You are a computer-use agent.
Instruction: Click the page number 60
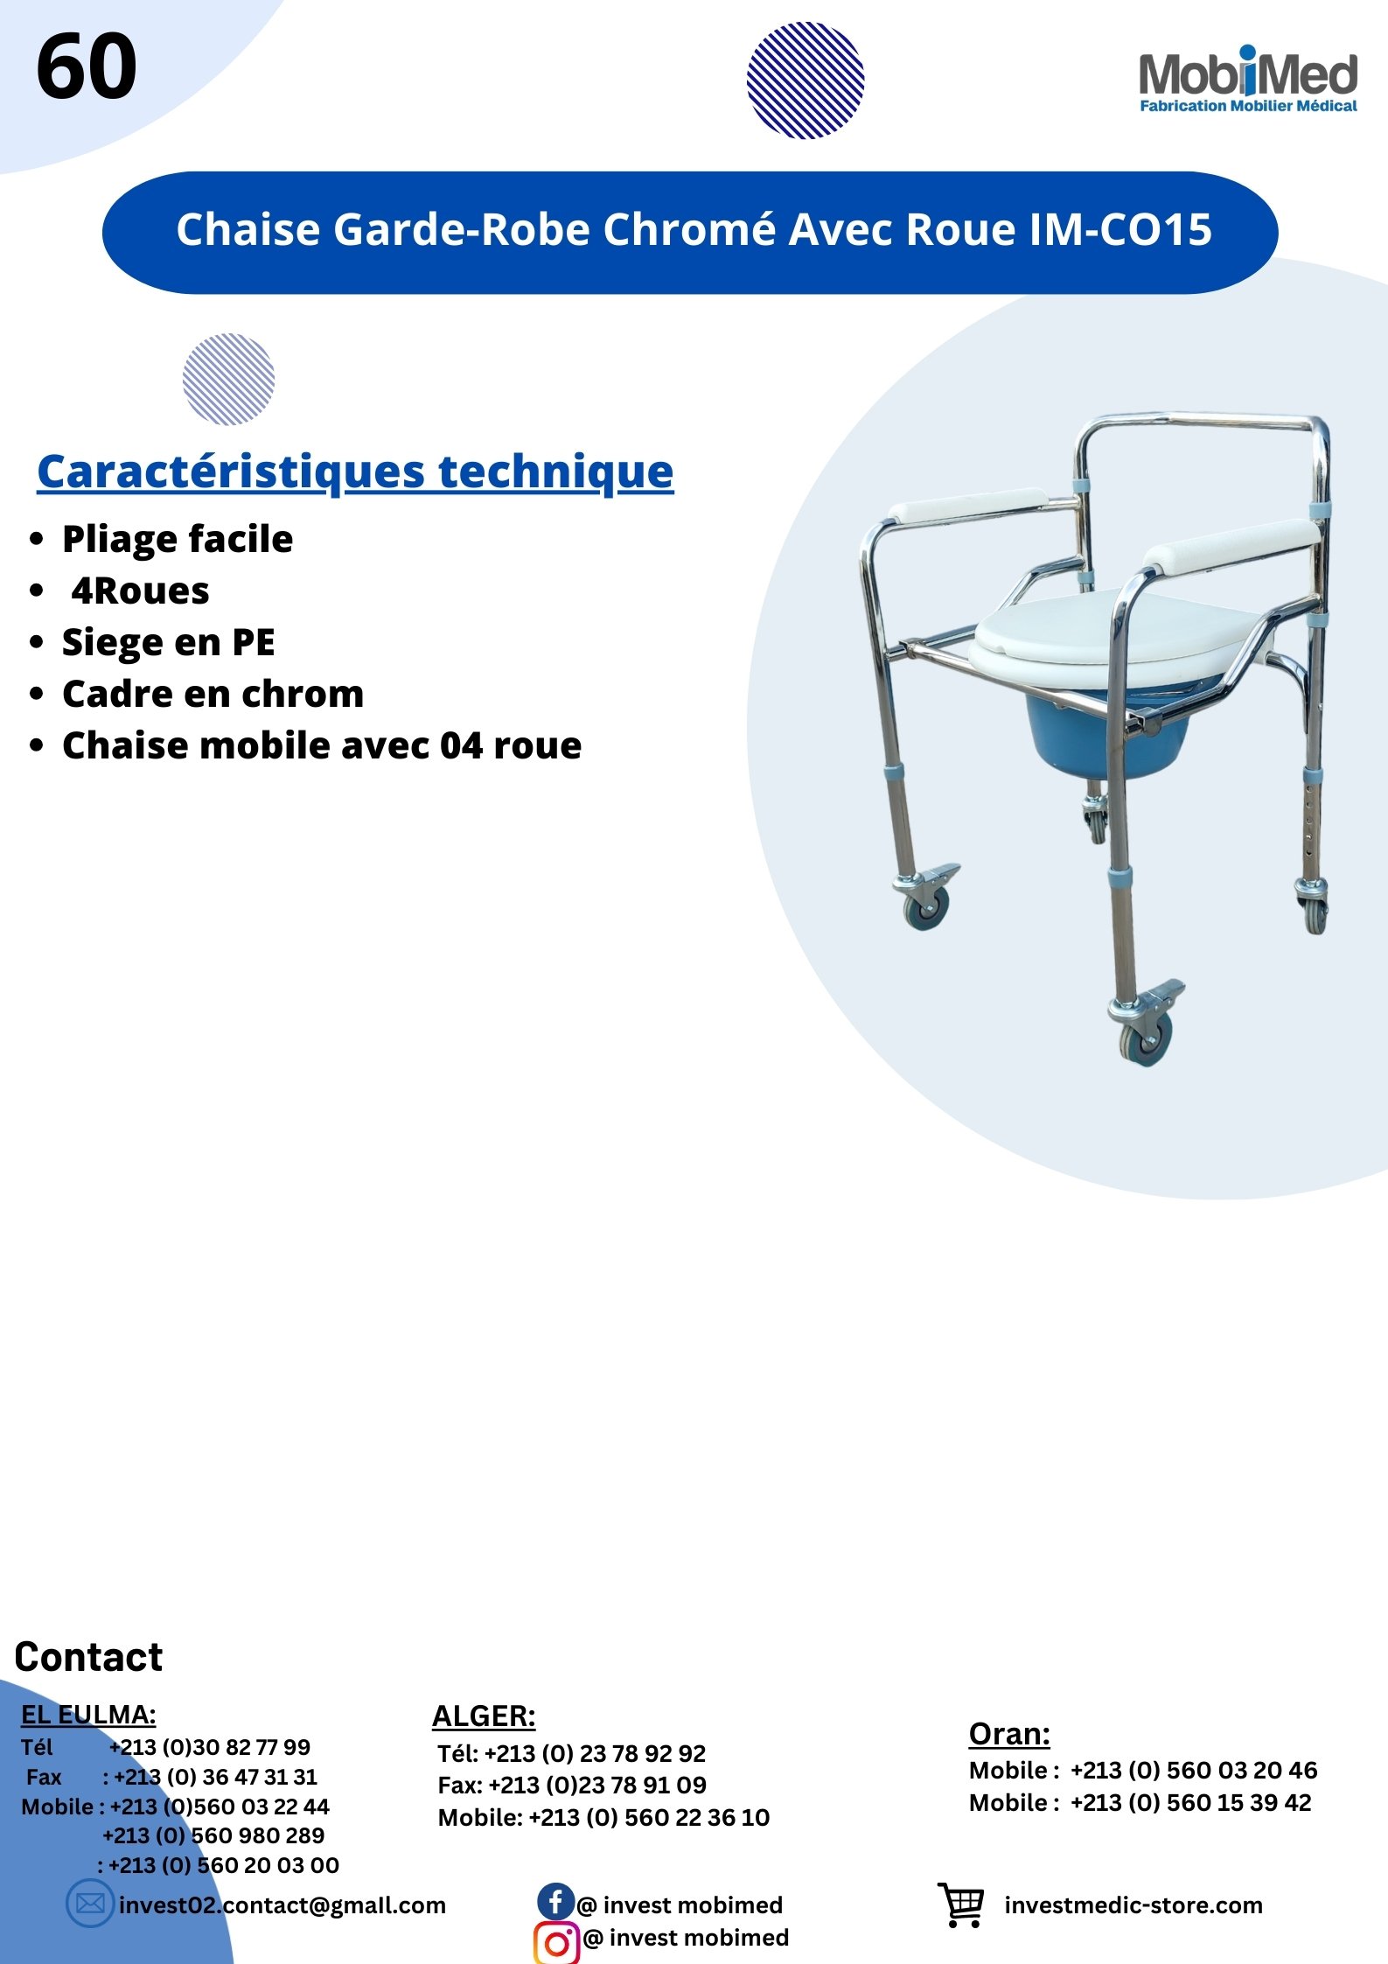click(x=87, y=66)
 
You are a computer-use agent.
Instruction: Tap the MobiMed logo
click(x=1248, y=80)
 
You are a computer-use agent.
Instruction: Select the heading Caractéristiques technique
click(x=355, y=473)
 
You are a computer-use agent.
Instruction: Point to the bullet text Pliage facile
click(x=178, y=539)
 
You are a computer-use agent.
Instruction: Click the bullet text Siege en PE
click(x=169, y=643)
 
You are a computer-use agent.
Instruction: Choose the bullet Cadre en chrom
click(x=213, y=694)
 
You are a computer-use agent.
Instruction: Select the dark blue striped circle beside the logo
click(x=806, y=80)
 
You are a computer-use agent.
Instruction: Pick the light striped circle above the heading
click(x=228, y=380)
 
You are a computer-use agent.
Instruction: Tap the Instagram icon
click(x=557, y=1943)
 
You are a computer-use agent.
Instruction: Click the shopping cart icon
click(x=961, y=1905)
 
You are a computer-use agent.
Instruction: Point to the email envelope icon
click(x=90, y=1904)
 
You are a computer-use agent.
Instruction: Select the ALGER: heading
click(x=484, y=1716)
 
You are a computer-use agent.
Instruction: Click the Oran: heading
click(x=1009, y=1734)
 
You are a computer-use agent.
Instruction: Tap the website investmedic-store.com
click(x=1133, y=1905)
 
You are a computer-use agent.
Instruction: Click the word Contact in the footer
click(x=88, y=1658)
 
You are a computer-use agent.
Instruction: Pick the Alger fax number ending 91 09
click(x=596, y=1785)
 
